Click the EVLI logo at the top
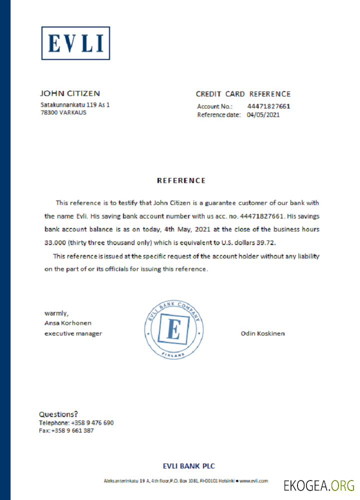click(75, 43)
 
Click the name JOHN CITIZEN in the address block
click(70, 93)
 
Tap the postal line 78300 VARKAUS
click(63, 112)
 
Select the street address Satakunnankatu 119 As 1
click(75, 105)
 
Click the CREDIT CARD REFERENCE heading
click(243, 94)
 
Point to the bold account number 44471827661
click(268, 106)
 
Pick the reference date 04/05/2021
click(263, 114)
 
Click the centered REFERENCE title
click(181, 180)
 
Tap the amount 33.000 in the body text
click(55, 242)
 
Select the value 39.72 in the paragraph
click(266, 242)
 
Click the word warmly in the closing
click(56, 313)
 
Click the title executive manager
click(73, 333)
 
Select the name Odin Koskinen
click(262, 333)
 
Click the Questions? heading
click(58, 414)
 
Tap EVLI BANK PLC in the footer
click(189, 466)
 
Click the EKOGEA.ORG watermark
click(319, 485)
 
